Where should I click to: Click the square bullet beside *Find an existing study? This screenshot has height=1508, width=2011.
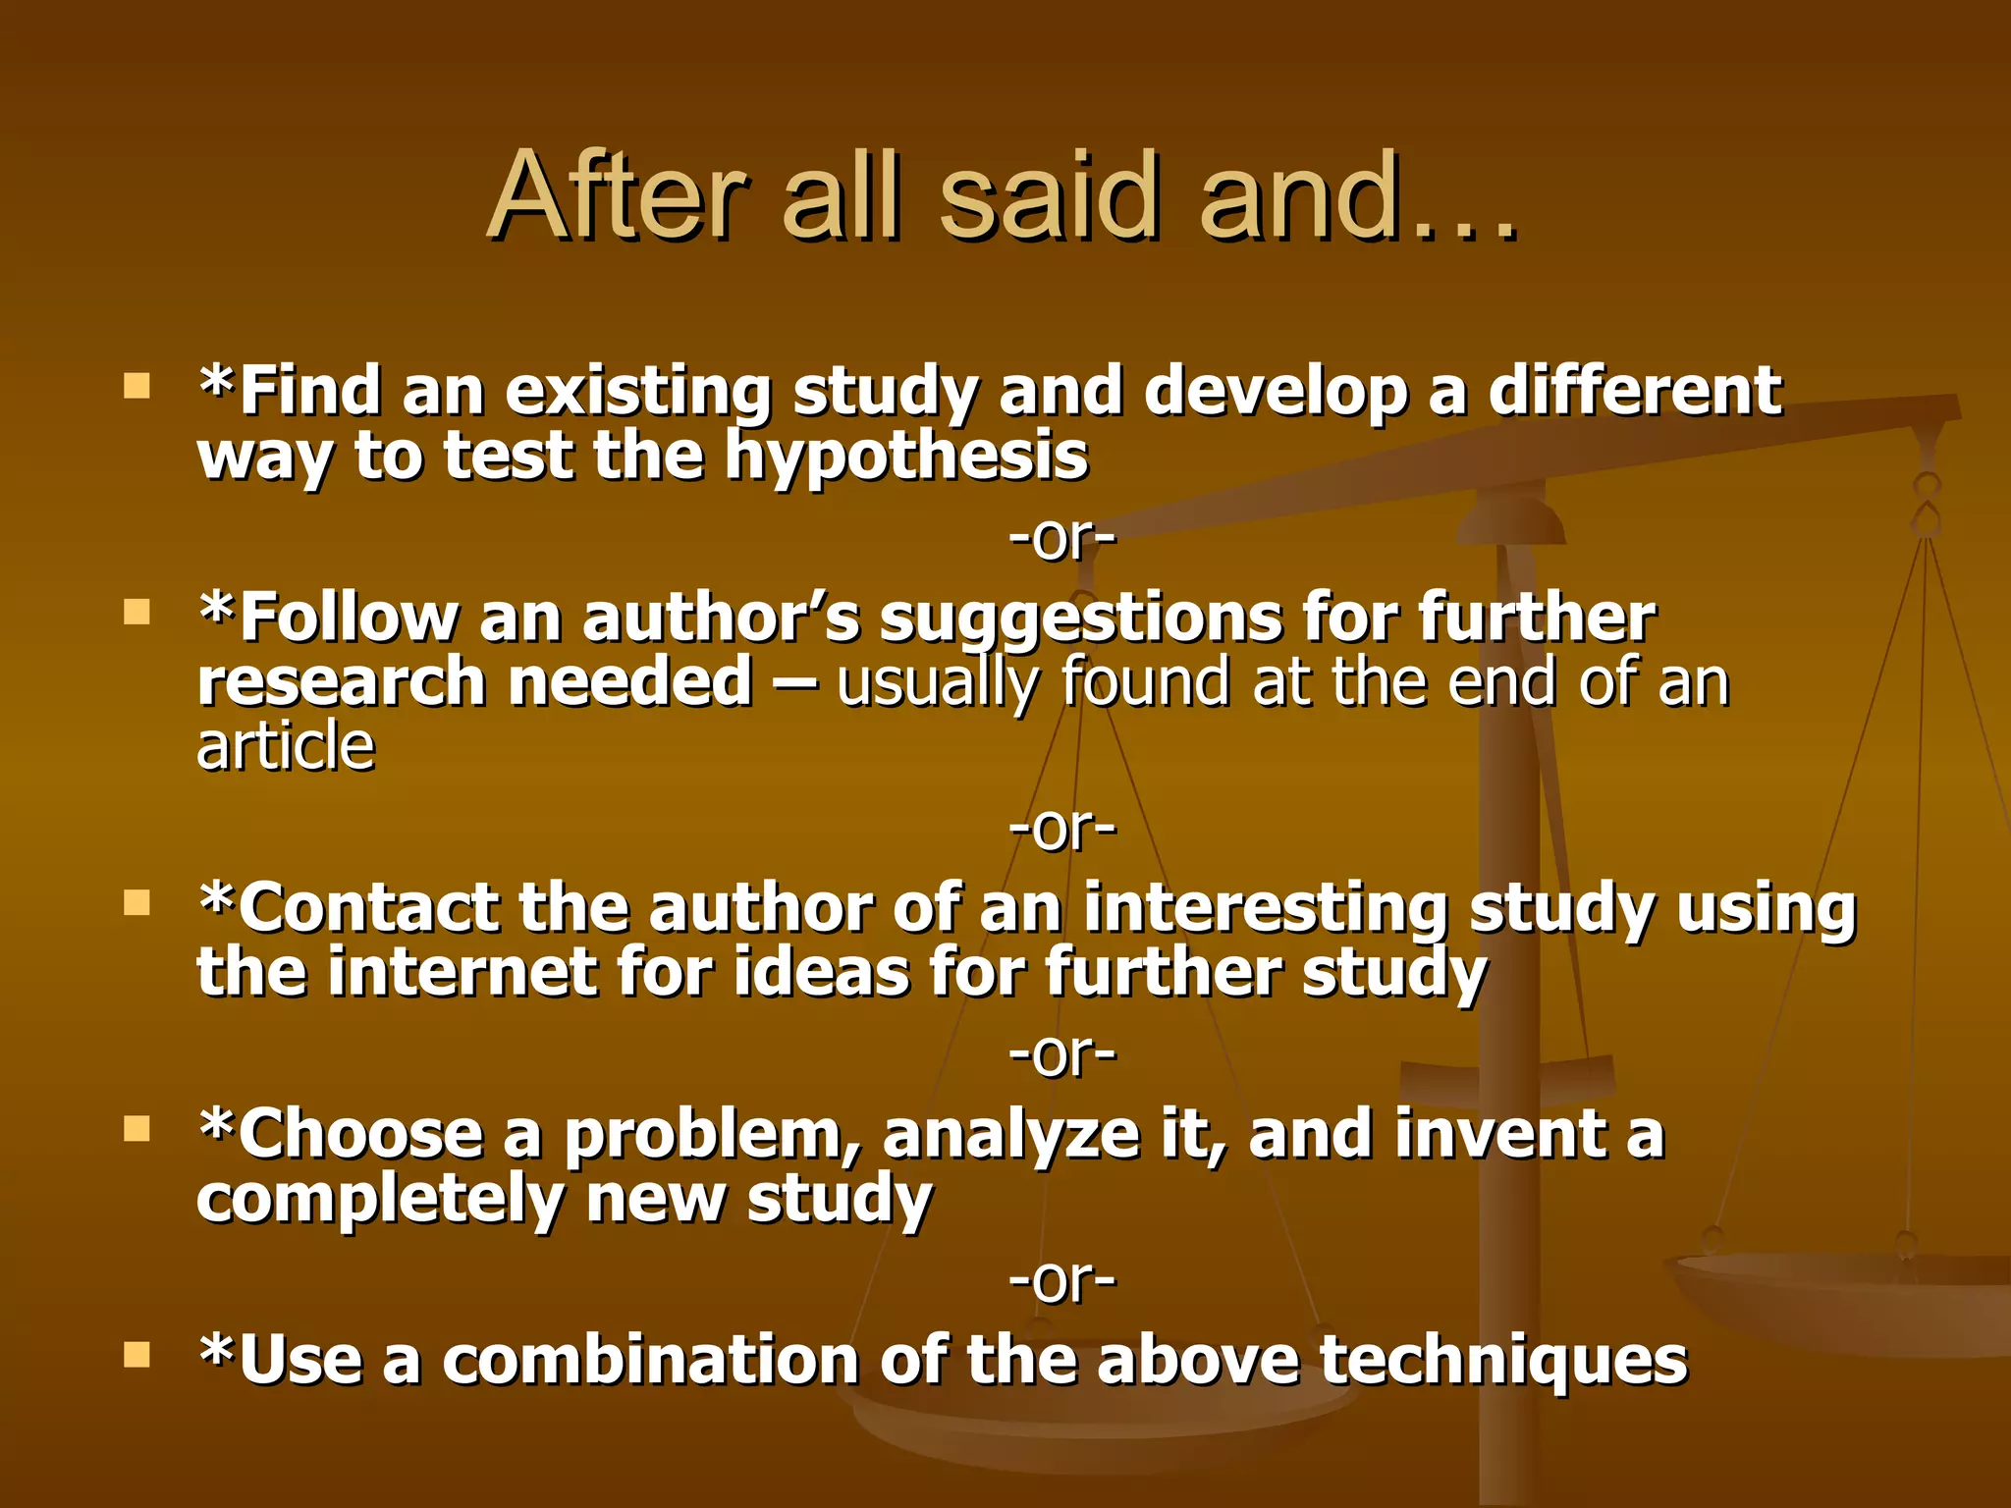point(136,385)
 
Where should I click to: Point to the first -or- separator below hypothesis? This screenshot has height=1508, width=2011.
point(1062,537)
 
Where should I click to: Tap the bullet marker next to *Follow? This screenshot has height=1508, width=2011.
point(136,613)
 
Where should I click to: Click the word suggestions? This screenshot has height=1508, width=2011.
point(1080,619)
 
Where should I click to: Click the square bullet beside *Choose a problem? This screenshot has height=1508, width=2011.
point(136,1129)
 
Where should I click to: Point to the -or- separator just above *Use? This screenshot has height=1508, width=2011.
point(1062,1279)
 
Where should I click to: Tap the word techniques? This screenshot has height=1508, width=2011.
point(1503,1362)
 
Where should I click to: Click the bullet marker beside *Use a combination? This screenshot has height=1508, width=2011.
point(136,1356)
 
